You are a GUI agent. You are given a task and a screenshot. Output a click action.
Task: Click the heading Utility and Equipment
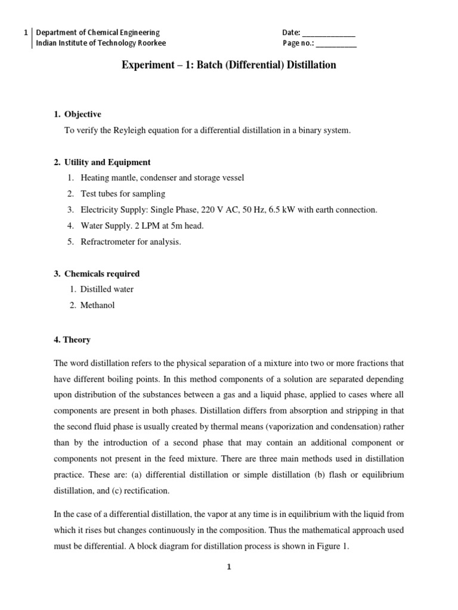107,162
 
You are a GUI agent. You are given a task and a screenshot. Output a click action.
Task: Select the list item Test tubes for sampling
123,194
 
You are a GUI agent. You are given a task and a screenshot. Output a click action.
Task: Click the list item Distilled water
107,290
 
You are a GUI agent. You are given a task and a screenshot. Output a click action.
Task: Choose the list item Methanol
97,306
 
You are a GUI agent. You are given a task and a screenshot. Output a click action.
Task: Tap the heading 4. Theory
72,340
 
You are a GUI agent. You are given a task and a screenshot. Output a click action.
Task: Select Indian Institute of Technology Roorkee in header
101,43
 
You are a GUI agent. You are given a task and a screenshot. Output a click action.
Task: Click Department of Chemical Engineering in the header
98,33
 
